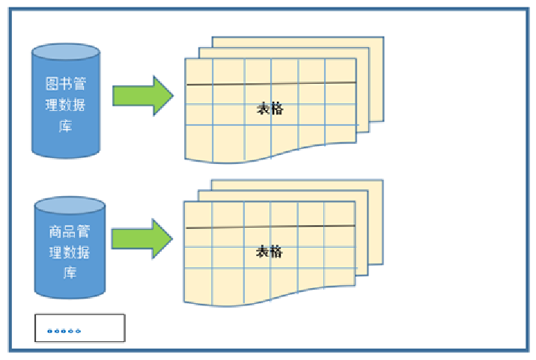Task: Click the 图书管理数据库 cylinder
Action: pos(66,101)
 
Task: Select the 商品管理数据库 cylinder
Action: pos(70,248)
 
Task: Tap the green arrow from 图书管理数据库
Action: pos(143,96)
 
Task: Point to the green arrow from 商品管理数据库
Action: pos(142,239)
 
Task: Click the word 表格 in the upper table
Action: pos(270,109)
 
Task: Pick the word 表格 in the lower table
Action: pos(269,251)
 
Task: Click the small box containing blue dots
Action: pos(80,328)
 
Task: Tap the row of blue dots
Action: pos(64,331)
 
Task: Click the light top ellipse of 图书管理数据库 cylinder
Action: pos(66,52)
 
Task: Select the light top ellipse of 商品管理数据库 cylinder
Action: pos(70,205)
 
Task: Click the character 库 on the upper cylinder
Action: pos(65,126)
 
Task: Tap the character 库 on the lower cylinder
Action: pos(70,273)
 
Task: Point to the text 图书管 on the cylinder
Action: pos(65,83)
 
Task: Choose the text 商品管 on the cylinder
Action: pos(70,231)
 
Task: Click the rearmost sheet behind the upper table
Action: pos(376,79)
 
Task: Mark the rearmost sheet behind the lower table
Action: pos(375,222)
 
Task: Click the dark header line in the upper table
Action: pos(271,83)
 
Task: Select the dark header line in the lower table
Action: pos(270,227)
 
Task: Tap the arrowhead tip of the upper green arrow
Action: pos(174,96)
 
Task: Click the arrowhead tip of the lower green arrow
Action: pos(173,239)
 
